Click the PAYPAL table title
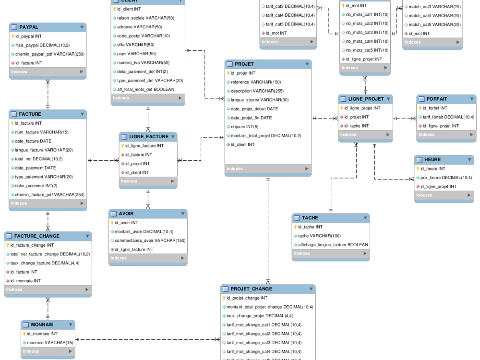(x=29, y=27)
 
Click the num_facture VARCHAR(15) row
(x=41, y=132)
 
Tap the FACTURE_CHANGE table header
(x=37, y=236)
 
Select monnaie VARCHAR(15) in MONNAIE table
(x=50, y=343)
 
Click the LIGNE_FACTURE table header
(x=149, y=137)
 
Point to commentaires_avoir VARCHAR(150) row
(x=150, y=240)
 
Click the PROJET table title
(x=244, y=64)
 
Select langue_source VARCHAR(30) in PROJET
(x=260, y=100)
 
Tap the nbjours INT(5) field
(x=245, y=127)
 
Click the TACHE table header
(x=310, y=218)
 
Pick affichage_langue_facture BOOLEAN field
(x=333, y=245)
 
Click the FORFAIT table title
(x=437, y=99)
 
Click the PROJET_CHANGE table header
(x=252, y=289)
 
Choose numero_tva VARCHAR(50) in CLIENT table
(x=143, y=62)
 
